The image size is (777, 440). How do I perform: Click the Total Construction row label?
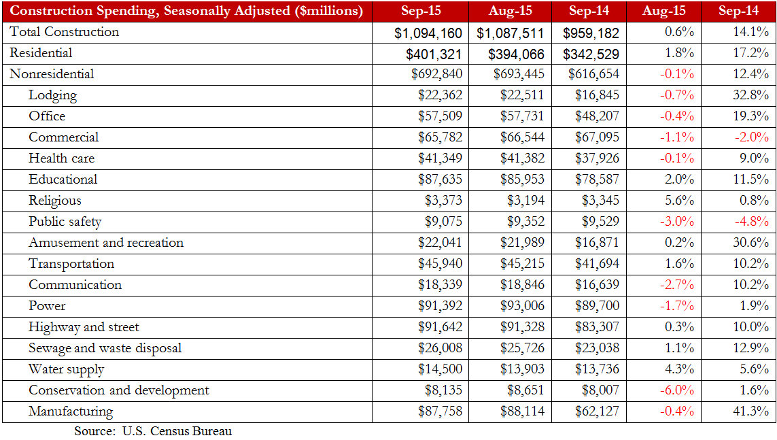pyautogui.click(x=65, y=32)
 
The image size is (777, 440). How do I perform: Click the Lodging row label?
pyautogui.click(x=52, y=95)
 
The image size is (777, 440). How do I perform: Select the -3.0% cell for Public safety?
pyautogui.click(x=677, y=222)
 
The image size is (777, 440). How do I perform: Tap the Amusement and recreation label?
pyautogui.click(x=106, y=243)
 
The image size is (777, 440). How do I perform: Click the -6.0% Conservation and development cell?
pyautogui.click(x=677, y=390)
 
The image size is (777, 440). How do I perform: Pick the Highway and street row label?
pyautogui.click(x=84, y=327)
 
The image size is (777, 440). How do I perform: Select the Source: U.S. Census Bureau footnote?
pyautogui.click(x=153, y=431)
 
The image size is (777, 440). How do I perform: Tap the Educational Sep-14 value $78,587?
pyautogui.click(x=597, y=180)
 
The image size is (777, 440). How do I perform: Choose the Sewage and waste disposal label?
pyautogui.click(x=105, y=348)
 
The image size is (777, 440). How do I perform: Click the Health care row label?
pyautogui.click(x=61, y=158)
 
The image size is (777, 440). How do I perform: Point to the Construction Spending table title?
pyautogui.click(x=186, y=11)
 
